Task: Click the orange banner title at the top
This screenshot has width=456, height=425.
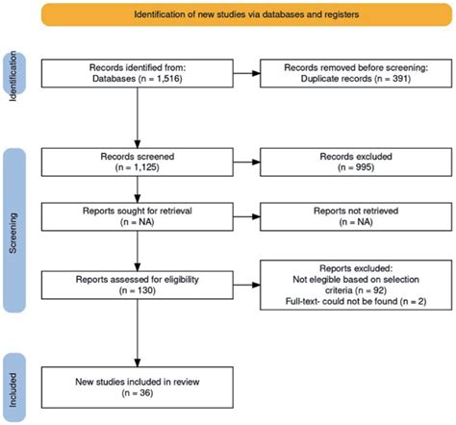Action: pos(246,14)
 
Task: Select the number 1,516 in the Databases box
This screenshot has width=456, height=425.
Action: pos(169,79)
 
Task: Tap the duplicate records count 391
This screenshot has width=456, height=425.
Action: pos(399,79)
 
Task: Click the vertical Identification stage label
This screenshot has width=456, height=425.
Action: pos(13,76)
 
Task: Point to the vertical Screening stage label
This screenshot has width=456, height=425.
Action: pos(13,233)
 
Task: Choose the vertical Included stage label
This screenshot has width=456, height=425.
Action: pos(13,389)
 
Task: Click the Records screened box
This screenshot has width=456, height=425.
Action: pos(138,162)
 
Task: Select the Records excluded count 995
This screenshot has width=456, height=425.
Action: pos(363,167)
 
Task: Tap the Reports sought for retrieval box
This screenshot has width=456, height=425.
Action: pos(138,216)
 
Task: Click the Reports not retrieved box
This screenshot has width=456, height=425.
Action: pos(356,216)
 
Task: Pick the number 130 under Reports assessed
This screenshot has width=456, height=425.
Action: pos(145,290)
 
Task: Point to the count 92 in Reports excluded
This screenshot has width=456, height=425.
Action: pos(378,290)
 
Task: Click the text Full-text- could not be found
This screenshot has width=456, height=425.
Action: pos(342,301)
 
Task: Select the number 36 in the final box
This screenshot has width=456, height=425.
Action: pos(145,392)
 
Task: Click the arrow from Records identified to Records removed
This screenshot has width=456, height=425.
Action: pos(246,73)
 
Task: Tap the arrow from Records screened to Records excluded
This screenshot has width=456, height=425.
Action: pos(246,162)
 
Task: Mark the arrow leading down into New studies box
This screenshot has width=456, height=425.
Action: pos(138,333)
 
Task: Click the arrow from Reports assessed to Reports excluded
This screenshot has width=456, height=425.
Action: pos(246,285)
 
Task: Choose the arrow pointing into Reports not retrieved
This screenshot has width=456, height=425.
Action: pos(246,216)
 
